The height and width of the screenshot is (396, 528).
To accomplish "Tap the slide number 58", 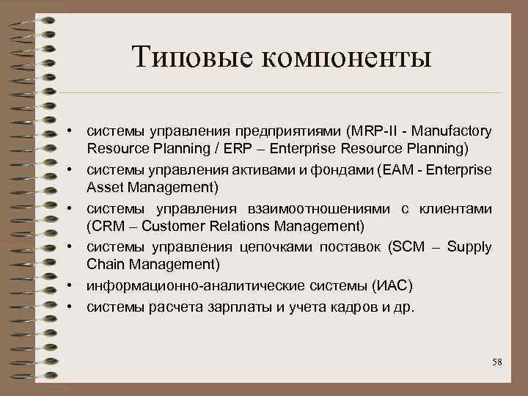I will pyautogui.click(x=496, y=362).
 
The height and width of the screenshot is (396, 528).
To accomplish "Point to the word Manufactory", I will pyautogui.click(x=452, y=131).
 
